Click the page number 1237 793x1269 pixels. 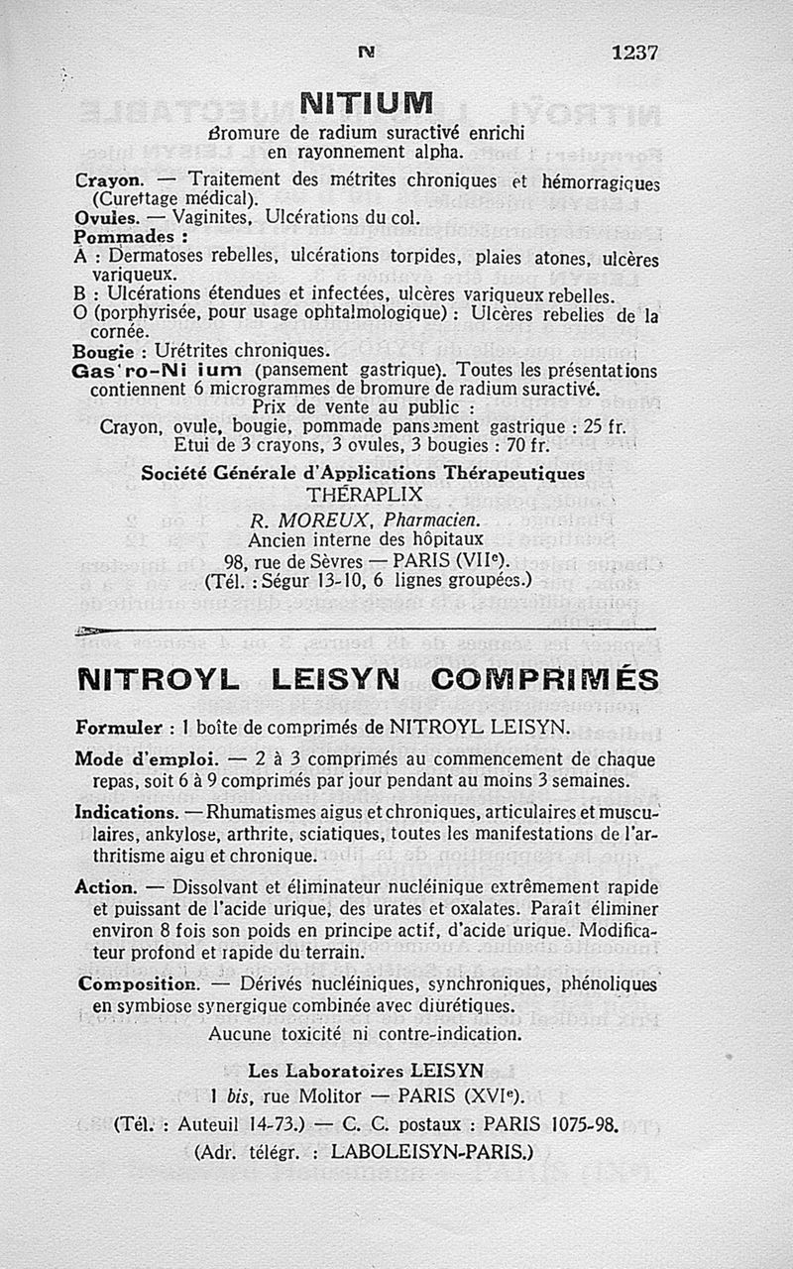tap(634, 53)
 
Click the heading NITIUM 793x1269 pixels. tap(367, 103)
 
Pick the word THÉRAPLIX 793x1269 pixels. tap(365, 494)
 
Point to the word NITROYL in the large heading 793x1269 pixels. tap(158, 681)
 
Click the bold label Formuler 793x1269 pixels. tap(119, 728)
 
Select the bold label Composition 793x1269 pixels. tap(138, 985)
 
